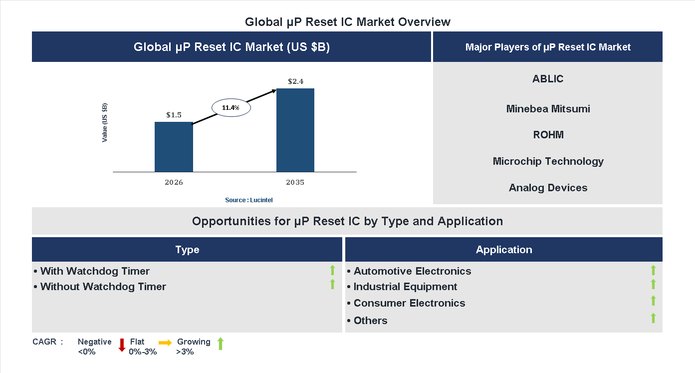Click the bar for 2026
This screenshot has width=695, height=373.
[x=174, y=147]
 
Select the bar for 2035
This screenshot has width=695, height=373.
[x=295, y=130]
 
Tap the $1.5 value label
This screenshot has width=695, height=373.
[x=174, y=115]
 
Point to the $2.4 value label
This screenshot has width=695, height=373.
[x=295, y=81]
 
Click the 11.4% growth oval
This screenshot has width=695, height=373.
[x=231, y=107]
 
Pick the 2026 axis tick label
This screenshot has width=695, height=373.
[x=174, y=182]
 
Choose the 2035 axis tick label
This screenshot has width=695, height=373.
[x=295, y=182]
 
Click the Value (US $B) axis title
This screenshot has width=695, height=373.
[x=105, y=123]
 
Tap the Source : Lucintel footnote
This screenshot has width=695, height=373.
[x=248, y=200]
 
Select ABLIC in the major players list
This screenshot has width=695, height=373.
[x=548, y=79]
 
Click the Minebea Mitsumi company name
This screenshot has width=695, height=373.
[x=548, y=109]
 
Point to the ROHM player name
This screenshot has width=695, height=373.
[x=548, y=135]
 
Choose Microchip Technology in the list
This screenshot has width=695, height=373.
[x=548, y=161]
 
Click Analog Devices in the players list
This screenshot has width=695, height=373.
[x=548, y=188]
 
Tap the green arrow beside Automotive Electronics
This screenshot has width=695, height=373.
[x=653, y=270]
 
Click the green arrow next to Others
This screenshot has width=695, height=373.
[x=653, y=318]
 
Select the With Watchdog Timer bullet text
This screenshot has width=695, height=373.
[x=95, y=271]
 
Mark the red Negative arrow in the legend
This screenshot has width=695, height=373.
[x=122, y=345]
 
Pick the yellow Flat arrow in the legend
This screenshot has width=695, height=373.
[x=165, y=343]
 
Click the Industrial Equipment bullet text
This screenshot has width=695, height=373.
[x=405, y=287]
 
